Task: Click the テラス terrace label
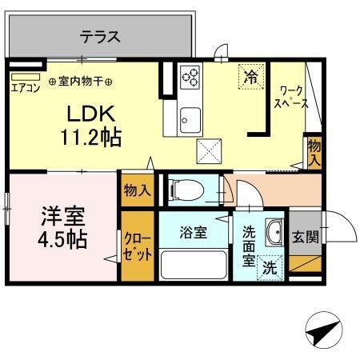click(100, 36)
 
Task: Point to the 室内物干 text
click(80, 81)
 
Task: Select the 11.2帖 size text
click(90, 138)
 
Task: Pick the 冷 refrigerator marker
click(251, 78)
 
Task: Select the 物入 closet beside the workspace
click(314, 151)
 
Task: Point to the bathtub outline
click(194, 263)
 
